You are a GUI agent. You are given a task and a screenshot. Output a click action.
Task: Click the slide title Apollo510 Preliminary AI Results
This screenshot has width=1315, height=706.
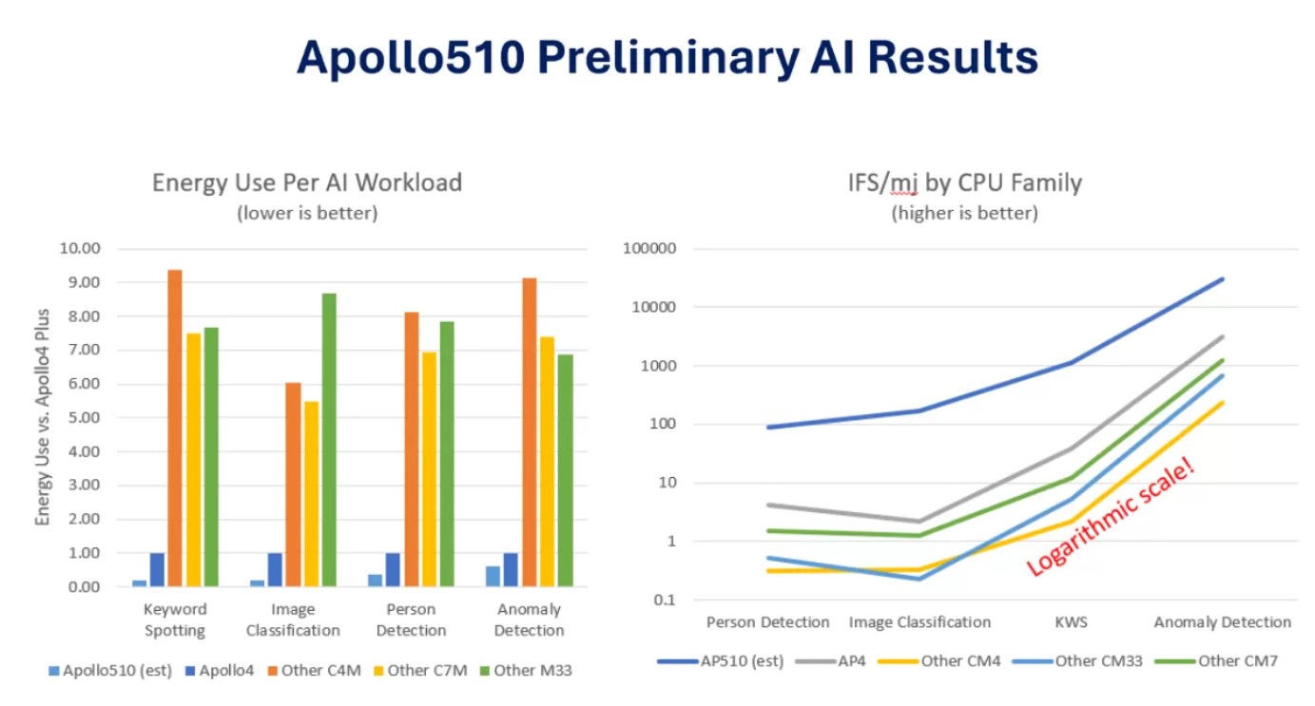pos(667,58)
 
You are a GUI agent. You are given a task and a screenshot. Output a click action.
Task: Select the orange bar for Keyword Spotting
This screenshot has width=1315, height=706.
pos(175,428)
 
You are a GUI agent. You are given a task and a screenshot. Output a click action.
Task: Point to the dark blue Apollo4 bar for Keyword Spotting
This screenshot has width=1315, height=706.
pos(157,570)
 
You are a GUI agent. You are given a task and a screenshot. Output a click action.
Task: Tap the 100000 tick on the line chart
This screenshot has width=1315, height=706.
pos(650,249)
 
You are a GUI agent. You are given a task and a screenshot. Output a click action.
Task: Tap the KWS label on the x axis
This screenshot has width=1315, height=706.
pos(1072,623)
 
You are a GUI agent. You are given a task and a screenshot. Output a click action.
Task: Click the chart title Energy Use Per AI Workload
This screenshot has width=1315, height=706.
pos(307,181)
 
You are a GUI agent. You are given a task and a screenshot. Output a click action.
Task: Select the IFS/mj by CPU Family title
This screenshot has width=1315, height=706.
pos(964,181)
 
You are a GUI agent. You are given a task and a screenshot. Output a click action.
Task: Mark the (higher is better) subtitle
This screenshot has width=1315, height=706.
pos(964,213)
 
